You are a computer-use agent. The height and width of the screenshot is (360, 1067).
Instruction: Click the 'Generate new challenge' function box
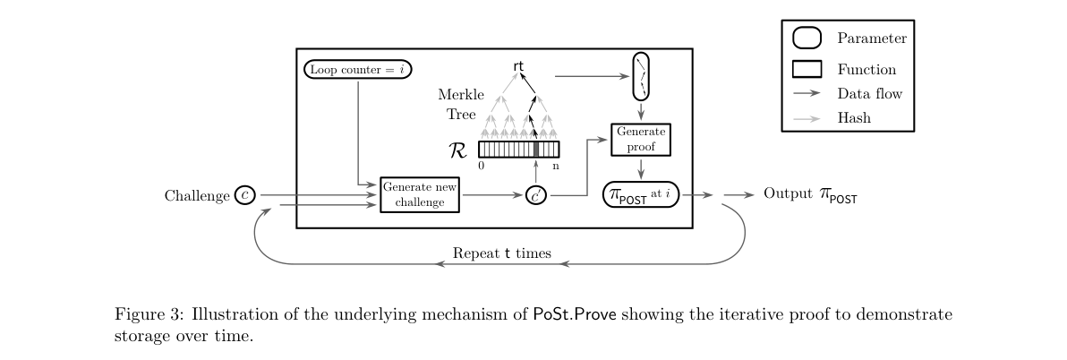420,194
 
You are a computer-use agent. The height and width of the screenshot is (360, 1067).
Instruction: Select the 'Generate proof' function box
641,139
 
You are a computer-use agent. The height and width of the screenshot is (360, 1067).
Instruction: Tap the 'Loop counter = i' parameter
358,69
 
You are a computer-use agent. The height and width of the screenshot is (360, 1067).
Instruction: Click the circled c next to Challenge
244,195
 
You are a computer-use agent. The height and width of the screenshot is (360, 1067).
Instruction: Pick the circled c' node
536,195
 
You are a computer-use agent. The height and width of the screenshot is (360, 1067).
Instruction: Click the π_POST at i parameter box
642,195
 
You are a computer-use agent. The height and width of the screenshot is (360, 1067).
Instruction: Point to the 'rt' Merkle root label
519,66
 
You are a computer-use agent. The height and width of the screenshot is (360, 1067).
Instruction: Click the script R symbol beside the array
457,150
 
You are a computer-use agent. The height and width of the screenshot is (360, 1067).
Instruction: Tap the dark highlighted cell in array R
536,150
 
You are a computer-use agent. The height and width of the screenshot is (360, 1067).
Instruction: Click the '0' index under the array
482,166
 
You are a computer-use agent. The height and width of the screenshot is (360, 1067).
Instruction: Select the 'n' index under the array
555,166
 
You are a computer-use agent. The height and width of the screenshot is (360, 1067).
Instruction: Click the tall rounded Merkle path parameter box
642,77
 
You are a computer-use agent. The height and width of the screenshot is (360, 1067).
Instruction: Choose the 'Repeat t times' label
501,253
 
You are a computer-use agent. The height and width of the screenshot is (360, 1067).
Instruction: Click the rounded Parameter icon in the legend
807,39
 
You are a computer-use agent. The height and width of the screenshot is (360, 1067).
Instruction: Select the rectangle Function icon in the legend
807,69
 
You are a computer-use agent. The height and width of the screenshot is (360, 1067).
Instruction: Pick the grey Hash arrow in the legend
807,117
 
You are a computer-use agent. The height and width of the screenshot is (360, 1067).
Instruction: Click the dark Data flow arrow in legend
807,93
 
